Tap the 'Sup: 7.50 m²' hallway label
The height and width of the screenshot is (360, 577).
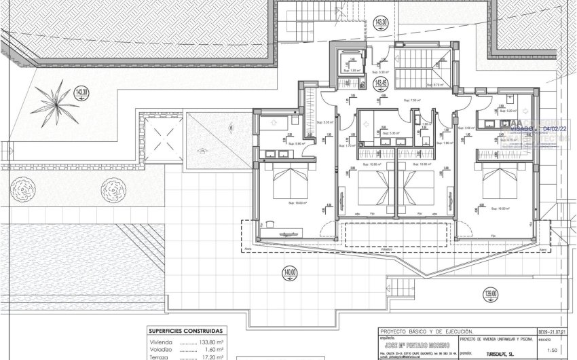coord(411,100)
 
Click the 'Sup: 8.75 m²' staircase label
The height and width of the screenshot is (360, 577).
coord(434,85)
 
